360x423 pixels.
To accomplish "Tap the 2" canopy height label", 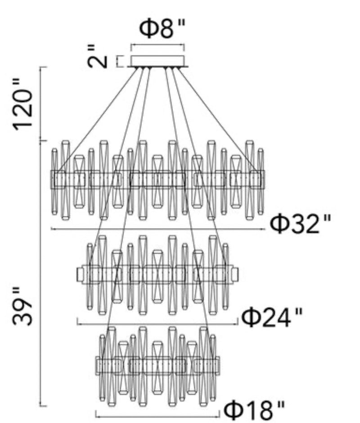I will pos(98,56).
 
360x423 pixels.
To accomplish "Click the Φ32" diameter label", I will pos(301,224).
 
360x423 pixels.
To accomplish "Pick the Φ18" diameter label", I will pos(254,409).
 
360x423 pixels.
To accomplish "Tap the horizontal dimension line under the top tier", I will pos(157,229).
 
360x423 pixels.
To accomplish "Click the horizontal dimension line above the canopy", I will pos(157,45).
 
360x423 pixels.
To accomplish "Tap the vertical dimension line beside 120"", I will pos(41,103).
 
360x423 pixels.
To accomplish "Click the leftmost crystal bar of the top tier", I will pos(54,180).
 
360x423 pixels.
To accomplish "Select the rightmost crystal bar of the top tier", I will pos(260,180).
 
